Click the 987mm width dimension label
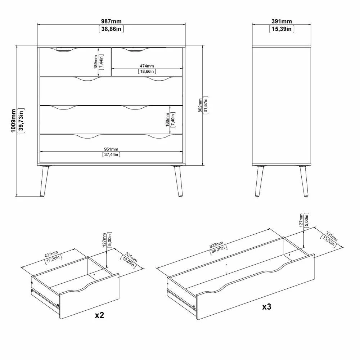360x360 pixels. [111, 21]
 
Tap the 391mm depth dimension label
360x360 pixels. [282, 21]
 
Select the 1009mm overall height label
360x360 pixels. [13, 121]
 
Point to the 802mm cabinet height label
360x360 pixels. [200, 105]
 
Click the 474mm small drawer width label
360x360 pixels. [147, 66]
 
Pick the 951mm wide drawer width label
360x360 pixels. [111, 149]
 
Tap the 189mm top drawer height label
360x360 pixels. [96, 62]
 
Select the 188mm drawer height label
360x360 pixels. [167, 120]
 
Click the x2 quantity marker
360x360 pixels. [100, 315]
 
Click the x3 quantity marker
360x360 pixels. [267, 306]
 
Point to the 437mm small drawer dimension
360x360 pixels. [51, 254]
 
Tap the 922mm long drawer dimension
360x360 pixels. [216, 245]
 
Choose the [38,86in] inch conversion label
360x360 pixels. [111, 29]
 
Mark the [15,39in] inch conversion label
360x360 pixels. [282, 29]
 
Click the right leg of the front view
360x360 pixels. [179, 181]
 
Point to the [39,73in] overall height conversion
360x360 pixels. [21, 121]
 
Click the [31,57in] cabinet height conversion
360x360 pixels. [206, 105]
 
